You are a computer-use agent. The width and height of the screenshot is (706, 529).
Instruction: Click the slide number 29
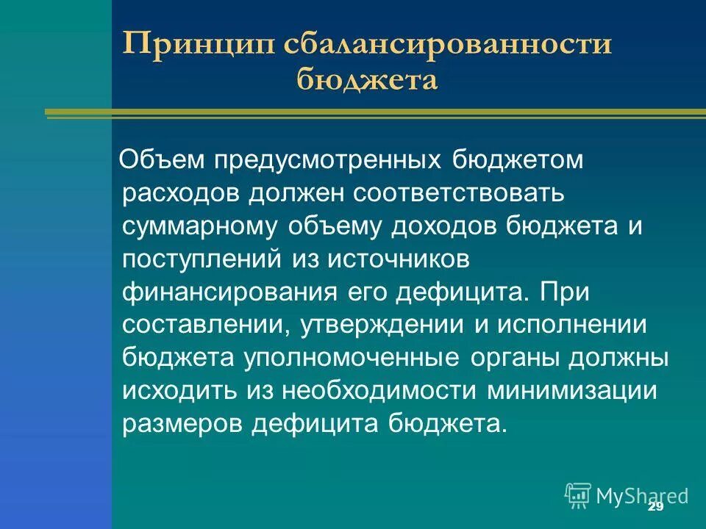[656, 508]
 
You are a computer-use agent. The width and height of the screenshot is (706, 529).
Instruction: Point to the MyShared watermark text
[642, 495]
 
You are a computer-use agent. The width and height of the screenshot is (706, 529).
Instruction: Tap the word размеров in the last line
[174, 422]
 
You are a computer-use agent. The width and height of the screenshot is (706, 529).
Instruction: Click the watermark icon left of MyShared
[578, 495]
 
